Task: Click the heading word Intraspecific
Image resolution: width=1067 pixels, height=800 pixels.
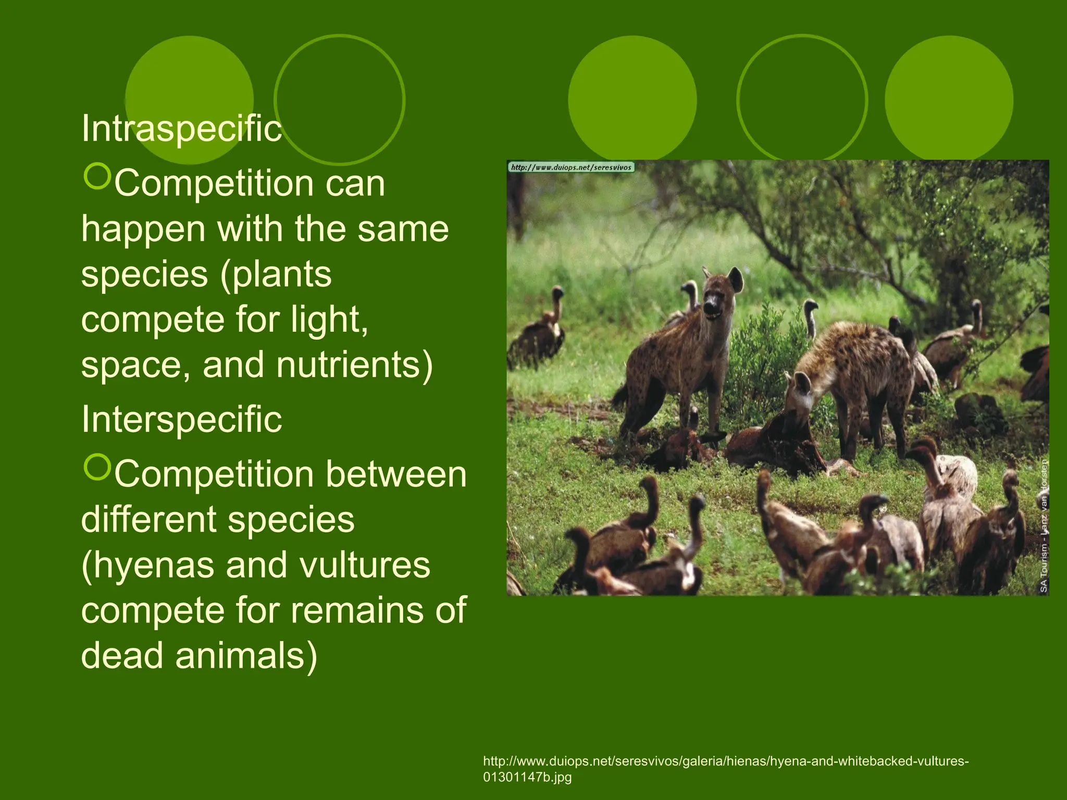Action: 181,128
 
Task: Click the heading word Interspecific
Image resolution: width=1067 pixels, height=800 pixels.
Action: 181,419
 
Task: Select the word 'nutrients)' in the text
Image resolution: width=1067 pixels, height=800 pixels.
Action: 354,365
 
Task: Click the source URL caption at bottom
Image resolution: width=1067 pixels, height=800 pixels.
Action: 725,768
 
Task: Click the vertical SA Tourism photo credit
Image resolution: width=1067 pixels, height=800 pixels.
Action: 1044,526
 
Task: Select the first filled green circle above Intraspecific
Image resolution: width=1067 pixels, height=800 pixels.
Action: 190,99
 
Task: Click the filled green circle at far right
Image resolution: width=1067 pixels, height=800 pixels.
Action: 949,99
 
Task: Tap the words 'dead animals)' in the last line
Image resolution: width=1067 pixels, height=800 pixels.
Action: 199,655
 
